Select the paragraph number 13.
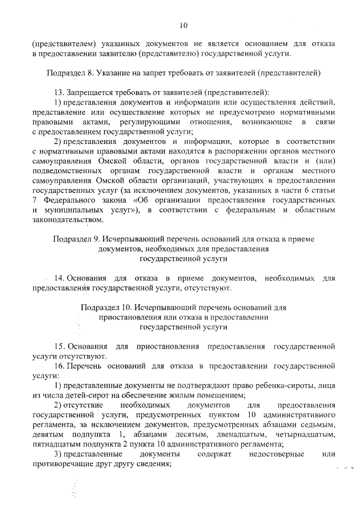[x=58, y=92]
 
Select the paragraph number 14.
[x=58, y=278]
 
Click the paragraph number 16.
[x=58, y=366]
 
